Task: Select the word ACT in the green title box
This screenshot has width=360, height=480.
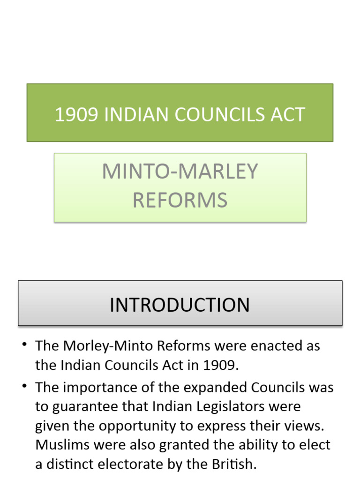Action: pos(286,115)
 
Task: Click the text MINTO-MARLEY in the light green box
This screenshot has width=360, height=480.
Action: pos(180,172)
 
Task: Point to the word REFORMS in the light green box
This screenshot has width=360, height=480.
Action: pos(180,201)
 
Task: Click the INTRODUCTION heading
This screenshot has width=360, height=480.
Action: pos(180,305)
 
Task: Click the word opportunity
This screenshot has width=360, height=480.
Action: pos(123,426)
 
